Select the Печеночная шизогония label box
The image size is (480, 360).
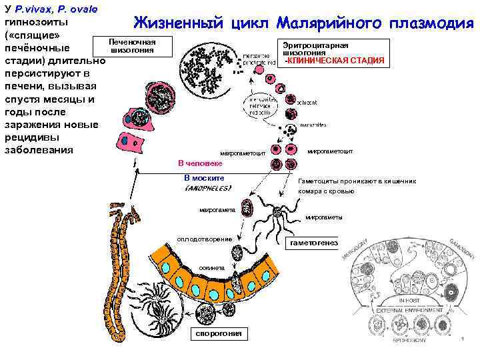pyautogui.click(x=132, y=46)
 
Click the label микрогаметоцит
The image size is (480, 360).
pyautogui.click(x=330, y=151)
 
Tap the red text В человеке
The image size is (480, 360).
pyautogui.click(x=200, y=163)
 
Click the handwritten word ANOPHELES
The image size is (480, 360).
pyautogui.click(x=207, y=189)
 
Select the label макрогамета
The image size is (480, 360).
pyautogui.click(x=217, y=211)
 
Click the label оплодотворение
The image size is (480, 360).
pyautogui.click(x=204, y=239)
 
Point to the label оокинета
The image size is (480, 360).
pyautogui.click(x=212, y=267)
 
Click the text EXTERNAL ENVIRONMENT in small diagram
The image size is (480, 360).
pyautogui.click(x=401, y=311)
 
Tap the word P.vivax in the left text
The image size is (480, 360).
pyautogui.click(x=34, y=9)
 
